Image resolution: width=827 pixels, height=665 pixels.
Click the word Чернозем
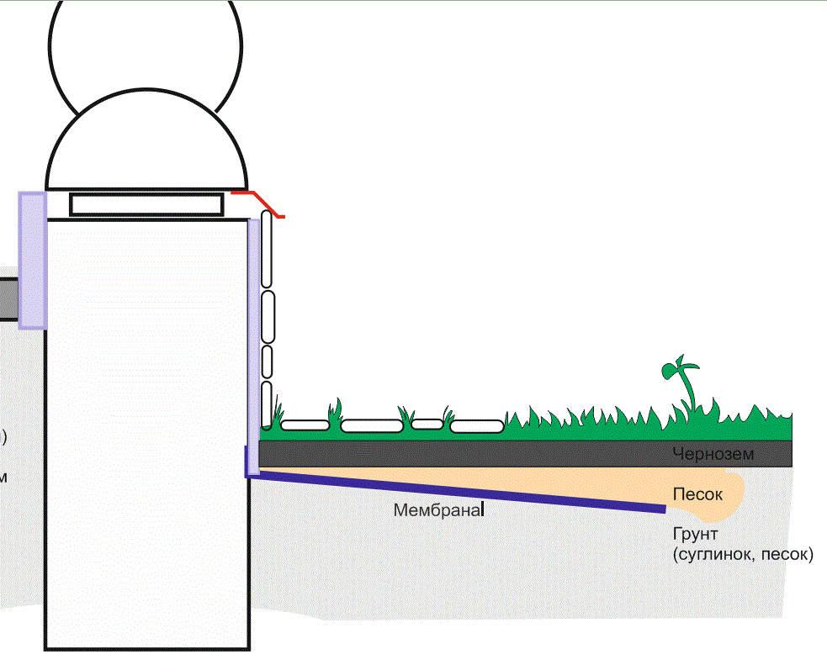tap(712, 454)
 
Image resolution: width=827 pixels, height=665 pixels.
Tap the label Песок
tap(697, 494)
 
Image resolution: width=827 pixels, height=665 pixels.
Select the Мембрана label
tap(437, 509)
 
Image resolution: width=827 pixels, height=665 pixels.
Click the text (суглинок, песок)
tap(743, 555)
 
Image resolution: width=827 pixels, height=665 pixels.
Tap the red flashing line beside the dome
tap(259, 201)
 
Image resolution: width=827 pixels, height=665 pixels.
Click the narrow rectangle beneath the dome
tap(146, 204)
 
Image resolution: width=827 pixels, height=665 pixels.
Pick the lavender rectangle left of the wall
tap(31, 260)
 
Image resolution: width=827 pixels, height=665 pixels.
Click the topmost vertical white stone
tap(268, 249)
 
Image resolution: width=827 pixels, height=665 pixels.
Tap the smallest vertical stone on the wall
tap(268, 361)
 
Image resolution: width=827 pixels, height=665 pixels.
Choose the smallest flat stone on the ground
tap(427, 424)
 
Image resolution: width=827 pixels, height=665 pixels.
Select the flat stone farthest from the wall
tap(476, 426)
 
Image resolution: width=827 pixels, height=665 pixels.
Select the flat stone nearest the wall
tap(304, 425)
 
